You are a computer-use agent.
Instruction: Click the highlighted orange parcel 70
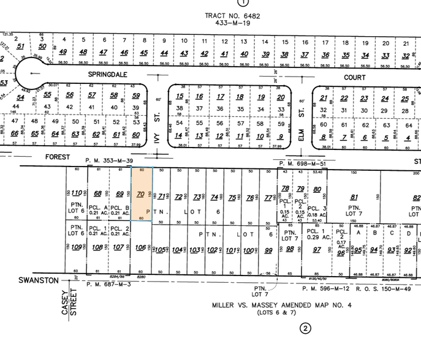coord(142,195)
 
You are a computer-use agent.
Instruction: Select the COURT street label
coord(354,78)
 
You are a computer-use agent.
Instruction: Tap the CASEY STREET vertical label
coord(69,302)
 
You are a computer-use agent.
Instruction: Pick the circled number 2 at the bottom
coord(305,329)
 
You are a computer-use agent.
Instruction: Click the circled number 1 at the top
coord(246,2)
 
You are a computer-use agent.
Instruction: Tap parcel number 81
coord(354,197)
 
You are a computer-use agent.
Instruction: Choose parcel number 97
coord(316,249)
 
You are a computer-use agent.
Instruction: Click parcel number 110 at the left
coord(77,193)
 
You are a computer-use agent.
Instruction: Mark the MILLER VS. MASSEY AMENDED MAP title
coord(282,305)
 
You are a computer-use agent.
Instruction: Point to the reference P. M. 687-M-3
coord(109,284)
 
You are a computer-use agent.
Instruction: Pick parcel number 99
coord(268,250)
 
